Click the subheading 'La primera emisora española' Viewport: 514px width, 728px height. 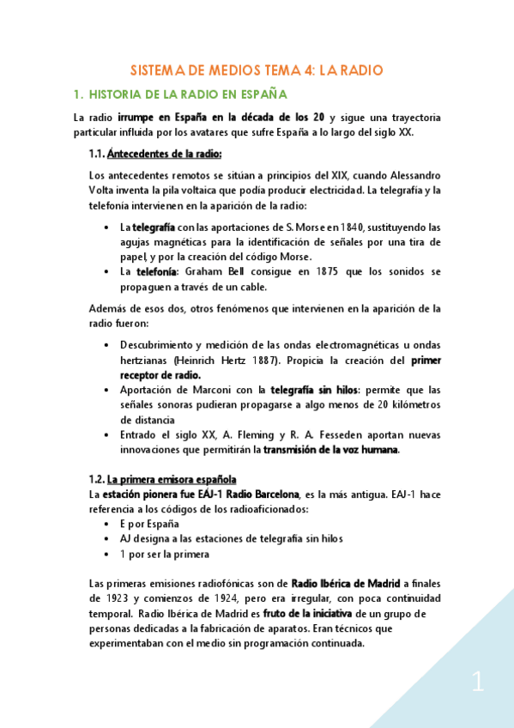(x=172, y=478)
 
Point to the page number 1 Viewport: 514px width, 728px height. (x=478, y=683)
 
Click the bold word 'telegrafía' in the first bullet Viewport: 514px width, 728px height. (x=154, y=227)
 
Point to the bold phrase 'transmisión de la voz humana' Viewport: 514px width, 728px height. (x=331, y=449)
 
